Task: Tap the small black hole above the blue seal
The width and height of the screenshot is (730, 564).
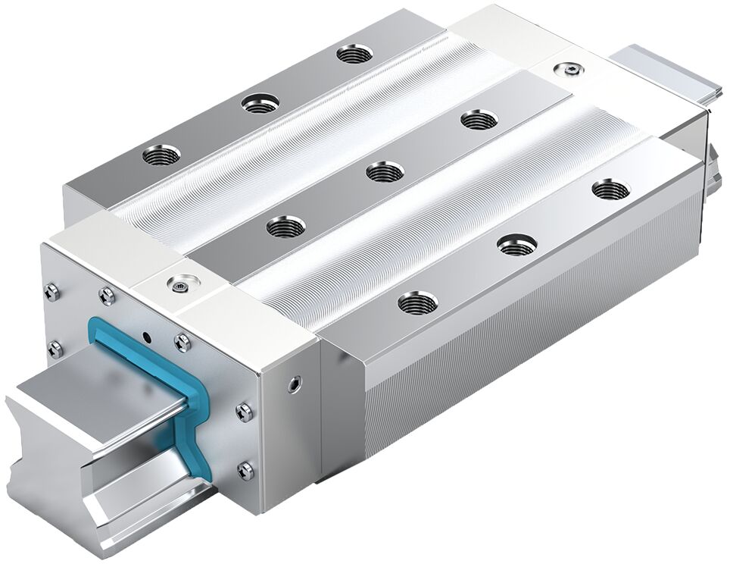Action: tap(146, 334)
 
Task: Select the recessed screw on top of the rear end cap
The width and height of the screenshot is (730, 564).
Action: tap(567, 70)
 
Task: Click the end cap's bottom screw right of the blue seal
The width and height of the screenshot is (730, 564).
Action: tap(245, 470)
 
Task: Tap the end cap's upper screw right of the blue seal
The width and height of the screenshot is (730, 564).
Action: tap(244, 412)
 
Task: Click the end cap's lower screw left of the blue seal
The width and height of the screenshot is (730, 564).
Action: tap(55, 349)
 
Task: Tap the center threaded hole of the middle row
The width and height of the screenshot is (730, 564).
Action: tap(385, 172)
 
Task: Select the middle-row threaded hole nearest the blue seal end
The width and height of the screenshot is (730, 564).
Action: tap(286, 226)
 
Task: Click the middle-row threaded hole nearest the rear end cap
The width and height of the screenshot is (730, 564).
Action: tap(479, 119)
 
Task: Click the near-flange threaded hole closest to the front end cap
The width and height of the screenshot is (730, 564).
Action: tap(417, 303)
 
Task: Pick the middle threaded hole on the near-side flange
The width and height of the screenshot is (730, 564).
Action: tap(517, 244)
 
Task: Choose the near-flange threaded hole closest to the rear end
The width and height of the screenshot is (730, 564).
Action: tap(610, 189)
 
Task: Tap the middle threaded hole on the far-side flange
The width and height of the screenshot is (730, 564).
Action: tap(260, 103)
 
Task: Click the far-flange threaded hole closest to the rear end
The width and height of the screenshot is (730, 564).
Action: tap(354, 54)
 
